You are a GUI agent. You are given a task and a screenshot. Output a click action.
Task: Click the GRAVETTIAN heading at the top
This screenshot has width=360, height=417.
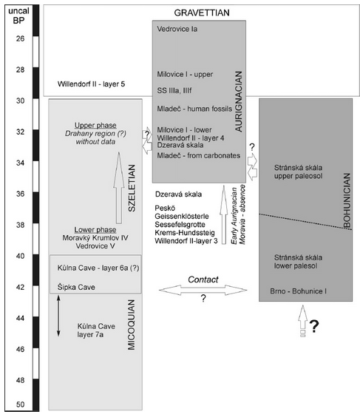[x=202, y=13]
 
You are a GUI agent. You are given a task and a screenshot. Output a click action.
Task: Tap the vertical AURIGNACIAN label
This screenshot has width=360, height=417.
[x=239, y=101]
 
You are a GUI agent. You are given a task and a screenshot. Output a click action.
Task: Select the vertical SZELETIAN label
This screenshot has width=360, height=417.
[x=132, y=188]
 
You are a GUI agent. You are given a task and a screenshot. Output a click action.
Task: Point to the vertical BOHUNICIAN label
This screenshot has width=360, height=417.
[x=347, y=200]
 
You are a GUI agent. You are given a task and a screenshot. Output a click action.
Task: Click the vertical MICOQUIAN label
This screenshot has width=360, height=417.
[x=132, y=325]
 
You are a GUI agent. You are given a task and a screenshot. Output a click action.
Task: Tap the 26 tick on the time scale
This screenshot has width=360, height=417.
[x=20, y=38]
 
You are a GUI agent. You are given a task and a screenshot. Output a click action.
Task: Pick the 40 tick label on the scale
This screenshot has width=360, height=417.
[x=20, y=256]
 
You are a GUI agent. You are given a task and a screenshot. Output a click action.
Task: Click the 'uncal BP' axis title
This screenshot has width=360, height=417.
[x=18, y=16]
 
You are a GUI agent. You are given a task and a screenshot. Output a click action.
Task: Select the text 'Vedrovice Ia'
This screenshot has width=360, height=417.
[x=177, y=29]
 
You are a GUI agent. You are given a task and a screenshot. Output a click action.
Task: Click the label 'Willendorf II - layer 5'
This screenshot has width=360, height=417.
[x=91, y=84]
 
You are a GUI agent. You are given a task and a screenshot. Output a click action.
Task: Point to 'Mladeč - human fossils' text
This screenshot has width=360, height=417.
[x=194, y=109]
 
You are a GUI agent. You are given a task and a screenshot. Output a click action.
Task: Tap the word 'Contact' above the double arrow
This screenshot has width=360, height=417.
[x=203, y=279]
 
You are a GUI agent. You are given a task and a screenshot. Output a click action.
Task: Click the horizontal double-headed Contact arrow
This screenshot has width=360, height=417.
[x=203, y=290]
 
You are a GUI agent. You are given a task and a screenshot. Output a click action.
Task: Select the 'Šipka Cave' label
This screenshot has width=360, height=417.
[x=76, y=287]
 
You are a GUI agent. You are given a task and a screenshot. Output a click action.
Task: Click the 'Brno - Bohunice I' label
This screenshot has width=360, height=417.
[x=299, y=291]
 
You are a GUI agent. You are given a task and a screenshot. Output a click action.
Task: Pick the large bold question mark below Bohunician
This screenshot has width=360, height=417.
[x=314, y=326]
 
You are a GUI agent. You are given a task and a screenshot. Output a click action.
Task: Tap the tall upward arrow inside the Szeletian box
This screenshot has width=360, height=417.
[x=119, y=188]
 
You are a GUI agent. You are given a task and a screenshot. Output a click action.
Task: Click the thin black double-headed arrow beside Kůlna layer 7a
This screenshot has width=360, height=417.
[x=58, y=316]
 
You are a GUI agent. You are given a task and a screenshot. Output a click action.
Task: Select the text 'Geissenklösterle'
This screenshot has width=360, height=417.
[x=182, y=216]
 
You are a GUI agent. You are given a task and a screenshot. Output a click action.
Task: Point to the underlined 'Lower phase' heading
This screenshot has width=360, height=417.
[x=95, y=229]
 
